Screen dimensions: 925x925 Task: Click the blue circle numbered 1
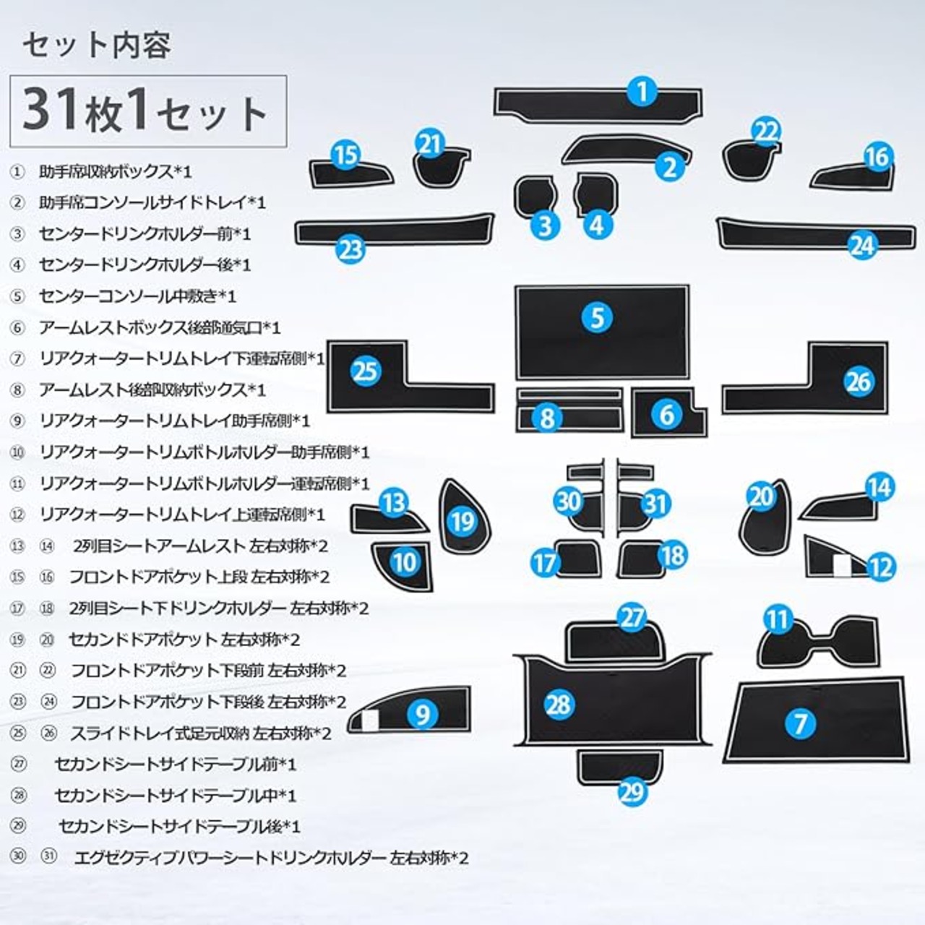point(642,92)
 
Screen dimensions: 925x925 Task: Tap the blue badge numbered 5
point(597,317)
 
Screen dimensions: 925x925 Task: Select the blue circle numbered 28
point(559,705)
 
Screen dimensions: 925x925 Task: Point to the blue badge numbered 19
point(463,520)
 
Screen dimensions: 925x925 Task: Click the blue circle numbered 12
point(879,567)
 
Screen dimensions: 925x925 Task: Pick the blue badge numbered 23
point(351,249)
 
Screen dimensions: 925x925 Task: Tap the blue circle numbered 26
point(859,382)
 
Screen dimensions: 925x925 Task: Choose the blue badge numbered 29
point(632,792)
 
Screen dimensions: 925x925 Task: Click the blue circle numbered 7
point(800,723)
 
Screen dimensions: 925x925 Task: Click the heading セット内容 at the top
point(96,46)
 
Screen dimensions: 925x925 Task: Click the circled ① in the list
point(17,172)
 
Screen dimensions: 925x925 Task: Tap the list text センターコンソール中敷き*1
point(137,296)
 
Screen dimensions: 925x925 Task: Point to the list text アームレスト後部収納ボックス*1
point(152,390)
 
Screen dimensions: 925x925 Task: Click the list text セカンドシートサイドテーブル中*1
point(176,796)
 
